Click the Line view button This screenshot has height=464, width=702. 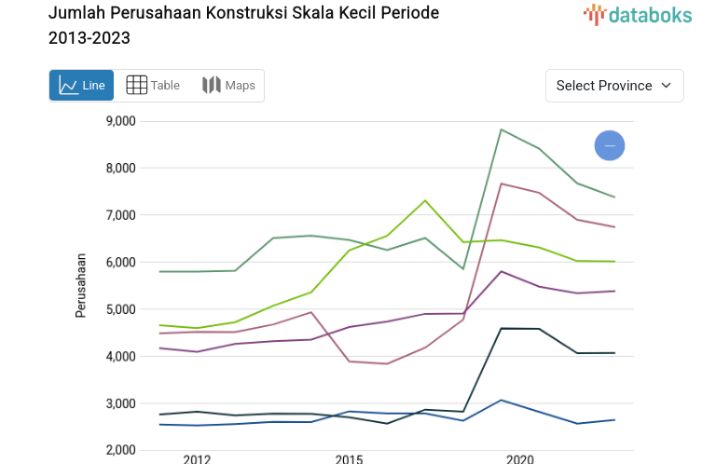click(x=81, y=86)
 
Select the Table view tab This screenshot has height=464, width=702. click(x=153, y=86)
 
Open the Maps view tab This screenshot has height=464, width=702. click(x=228, y=86)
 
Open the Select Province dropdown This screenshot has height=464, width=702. click(x=614, y=86)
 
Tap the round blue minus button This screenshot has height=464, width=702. click(x=610, y=145)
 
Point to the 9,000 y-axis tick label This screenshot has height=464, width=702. click(x=120, y=121)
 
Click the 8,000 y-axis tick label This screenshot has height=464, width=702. click(x=120, y=169)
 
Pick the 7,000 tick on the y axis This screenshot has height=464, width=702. click(x=120, y=215)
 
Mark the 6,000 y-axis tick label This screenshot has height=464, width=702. click(x=120, y=263)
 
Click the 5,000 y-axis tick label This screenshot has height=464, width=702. click(x=120, y=309)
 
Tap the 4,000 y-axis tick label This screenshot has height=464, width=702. click(x=120, y=357)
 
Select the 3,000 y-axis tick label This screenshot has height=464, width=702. click(x=120, y=403)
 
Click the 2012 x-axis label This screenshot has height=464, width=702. click(x=197, y=458)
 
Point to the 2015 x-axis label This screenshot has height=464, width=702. click(x=349, y=458)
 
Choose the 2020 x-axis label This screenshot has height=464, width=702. click(x=519, y=458)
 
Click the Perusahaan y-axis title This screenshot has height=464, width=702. click(x=81, y=285)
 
